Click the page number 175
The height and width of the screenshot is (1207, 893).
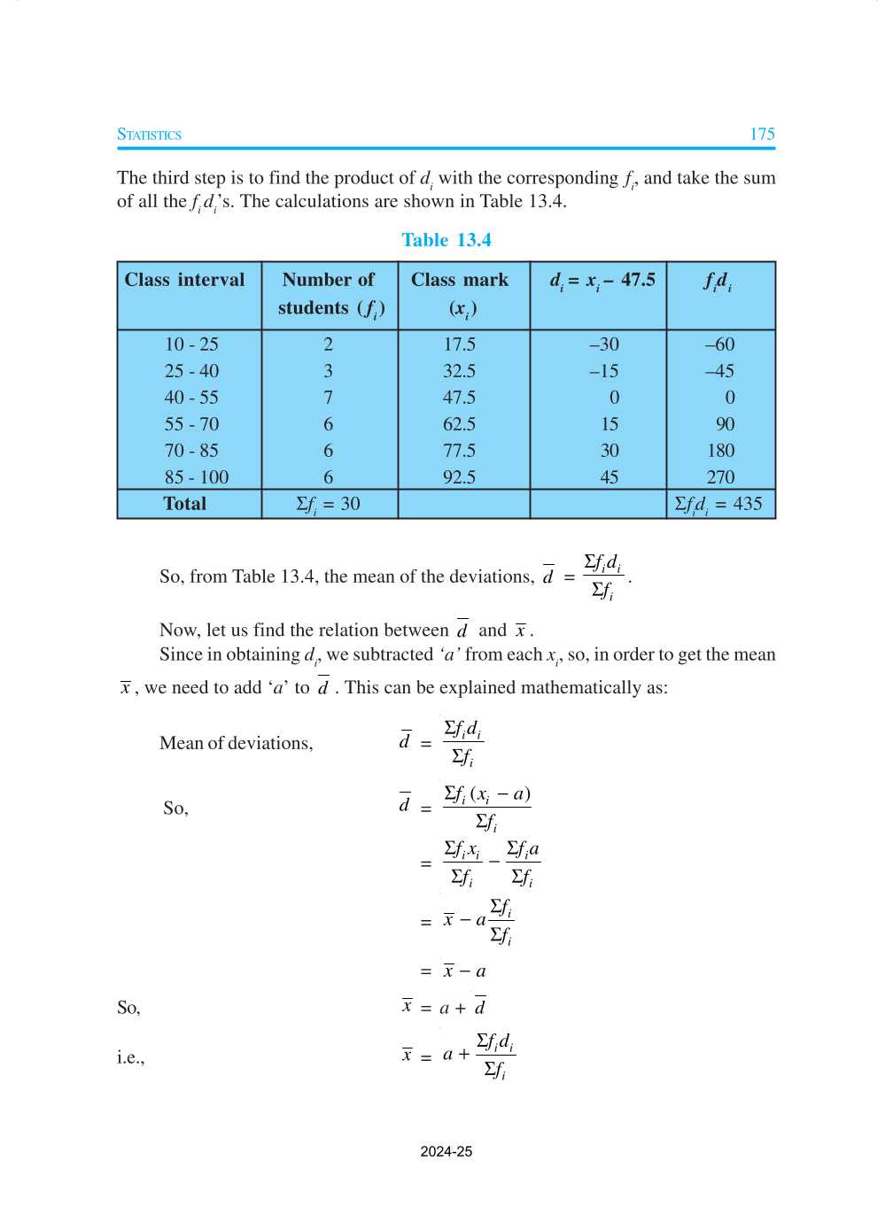tap(762, 135)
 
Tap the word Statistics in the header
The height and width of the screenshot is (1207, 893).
tap(149, 135)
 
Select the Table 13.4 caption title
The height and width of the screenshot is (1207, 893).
tap(446, 240)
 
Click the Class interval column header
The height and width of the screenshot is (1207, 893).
tap(184, 280)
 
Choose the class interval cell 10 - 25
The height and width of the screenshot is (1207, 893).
tap(191, 344)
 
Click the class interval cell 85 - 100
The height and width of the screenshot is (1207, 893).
tap(196, 477)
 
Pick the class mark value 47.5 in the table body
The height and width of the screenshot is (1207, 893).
tap(459, 398)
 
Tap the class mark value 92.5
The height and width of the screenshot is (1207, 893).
tap(459, 477)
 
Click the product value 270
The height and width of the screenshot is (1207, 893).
tap(720, 477)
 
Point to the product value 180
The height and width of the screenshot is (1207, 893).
tap(720, 451)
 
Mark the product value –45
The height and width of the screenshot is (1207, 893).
tap(719, 371)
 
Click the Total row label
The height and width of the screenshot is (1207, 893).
tap(184, 504)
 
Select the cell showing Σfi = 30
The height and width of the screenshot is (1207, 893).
tap(328, 504)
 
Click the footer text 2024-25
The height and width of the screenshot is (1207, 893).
tap(446, 1151)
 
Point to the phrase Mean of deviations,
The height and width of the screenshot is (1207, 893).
tap(236, 743)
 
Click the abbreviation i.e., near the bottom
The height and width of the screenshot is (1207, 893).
tap(130, 1057)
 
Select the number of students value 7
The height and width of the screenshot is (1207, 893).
tap(328, 398)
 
